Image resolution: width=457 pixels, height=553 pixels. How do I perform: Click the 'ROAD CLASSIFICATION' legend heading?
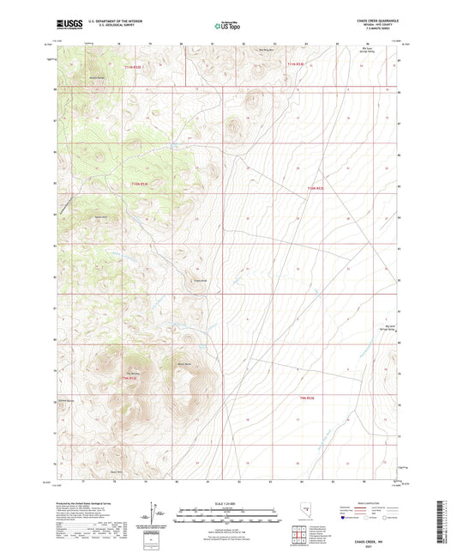[371, 504]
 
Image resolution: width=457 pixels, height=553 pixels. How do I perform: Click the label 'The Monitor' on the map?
[133, 373]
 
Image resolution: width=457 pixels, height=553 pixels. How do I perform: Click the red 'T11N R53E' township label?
[296, 65]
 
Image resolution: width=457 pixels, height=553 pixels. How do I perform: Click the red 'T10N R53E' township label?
[316, 189]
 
